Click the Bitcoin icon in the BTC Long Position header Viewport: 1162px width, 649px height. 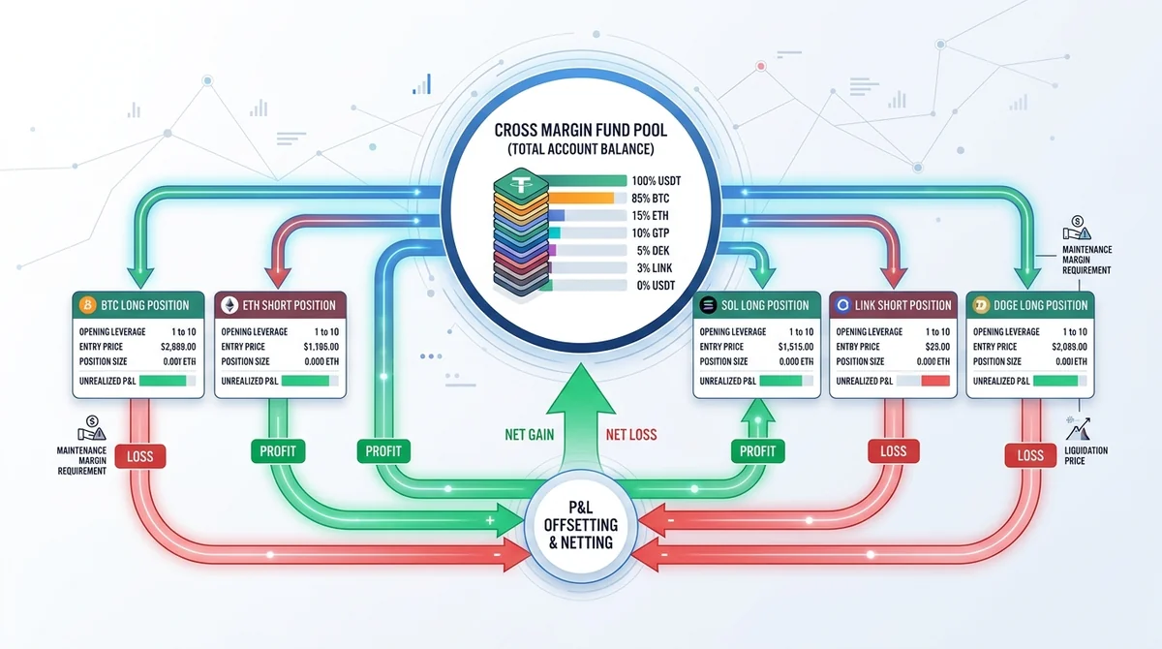pyautogui.click(x=87, y=304)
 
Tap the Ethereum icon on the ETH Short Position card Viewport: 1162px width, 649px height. pyautogui.click(x=229, y=305)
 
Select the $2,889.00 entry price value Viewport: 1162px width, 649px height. pyautogui.click(x=178, y=347)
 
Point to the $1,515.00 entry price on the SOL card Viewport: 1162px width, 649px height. pyautogui.click(x=796, y=347)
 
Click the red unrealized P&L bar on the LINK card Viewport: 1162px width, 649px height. pyautogui.click(x=935, y=381)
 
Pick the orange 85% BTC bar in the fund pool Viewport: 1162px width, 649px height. pyautogui.click(x=581, y=198)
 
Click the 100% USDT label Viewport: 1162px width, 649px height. pyautogui.click(x=657, y=181)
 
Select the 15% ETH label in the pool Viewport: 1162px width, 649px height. pyautogui.click(x=650, y=216)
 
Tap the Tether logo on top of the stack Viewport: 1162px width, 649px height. pyautogui.click(x=520, y=183)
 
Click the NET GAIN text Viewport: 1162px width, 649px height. pyautogui.click(x=529, y=434)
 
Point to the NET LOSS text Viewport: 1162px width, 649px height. pyautogui.click(x=631, y=434)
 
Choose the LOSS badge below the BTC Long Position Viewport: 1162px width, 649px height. pyautogui.click(x=140, y=456)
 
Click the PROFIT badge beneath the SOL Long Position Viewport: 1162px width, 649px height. pyautogui.click(x=757, y=451)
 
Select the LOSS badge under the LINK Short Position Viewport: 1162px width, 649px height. pyautogui.click(x=893, y=451)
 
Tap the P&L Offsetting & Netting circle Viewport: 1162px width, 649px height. pyautogui.click(x=581, y=525)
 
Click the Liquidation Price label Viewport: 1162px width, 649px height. pyautogui.click(x=1086, y=455)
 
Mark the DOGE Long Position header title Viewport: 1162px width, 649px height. pyautogui.click(x=1041, y=305)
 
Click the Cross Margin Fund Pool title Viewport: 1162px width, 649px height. pyautogui.click(x=580, y=130)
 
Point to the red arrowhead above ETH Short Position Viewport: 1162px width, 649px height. pyautogui.click(x=278, y=277)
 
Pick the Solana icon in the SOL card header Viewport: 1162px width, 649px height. pyautogui.click(x=708, y=305)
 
